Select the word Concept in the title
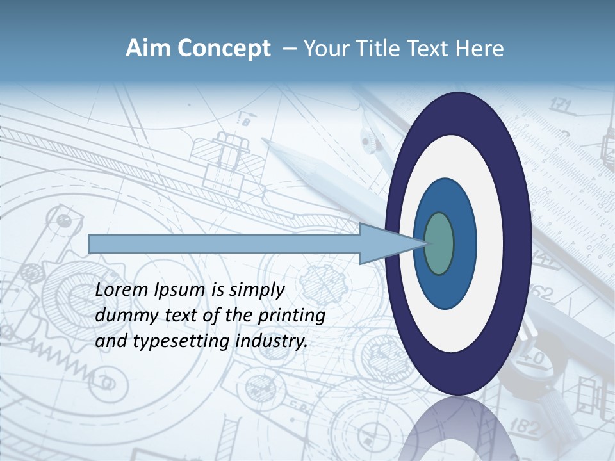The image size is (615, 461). click(223, 49)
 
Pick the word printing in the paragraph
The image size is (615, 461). click(291, 316)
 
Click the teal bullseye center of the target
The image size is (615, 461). click(439, 243)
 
